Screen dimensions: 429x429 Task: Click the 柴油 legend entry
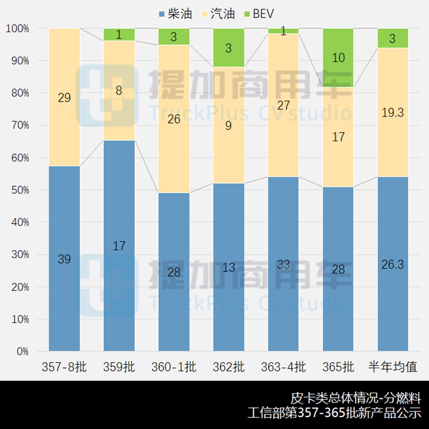pyautogui.click(x=175, y=14)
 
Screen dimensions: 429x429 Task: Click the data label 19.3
pyautogui.click(x=393, y=112)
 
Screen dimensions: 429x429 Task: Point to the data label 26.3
pyautogui.click(x=393, y=264)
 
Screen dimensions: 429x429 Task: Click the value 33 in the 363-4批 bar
pyautogui.click(x=283, y=264)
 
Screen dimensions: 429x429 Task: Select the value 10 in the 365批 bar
pyautogui.click(x=338, y=57)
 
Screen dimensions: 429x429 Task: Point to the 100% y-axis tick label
pyautogui.click(x=17, y=28)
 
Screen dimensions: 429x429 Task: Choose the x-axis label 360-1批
pyautogui.click(x=173, y=367)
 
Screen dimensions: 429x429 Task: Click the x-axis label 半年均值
pyautogui.click(x=393, y=367)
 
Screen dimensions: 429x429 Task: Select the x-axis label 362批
pyautogui.click(x=228, y=367)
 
